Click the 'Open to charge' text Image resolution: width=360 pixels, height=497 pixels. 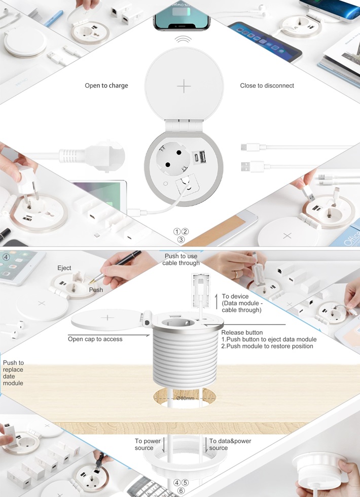pos(106,86)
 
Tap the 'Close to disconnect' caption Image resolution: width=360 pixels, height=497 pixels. pos(267,86)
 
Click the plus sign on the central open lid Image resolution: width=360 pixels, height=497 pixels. pos(184,86)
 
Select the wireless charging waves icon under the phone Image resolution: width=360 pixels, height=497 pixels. pos(183,40)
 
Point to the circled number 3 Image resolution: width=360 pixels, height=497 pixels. pos(181,239)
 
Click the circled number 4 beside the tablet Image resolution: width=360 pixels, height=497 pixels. pos(6,257)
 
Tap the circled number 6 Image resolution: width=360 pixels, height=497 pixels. pos(181,491)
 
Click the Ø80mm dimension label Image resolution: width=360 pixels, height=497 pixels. pos(185,398)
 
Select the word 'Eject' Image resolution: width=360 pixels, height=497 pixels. pos(64,268)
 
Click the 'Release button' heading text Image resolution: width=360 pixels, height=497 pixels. pos(242,333)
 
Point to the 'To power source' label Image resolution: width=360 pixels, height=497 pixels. pos(148,444)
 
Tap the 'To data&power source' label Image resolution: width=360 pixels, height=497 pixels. pos(230,444)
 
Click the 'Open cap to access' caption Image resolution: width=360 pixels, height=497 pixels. pos(95,339)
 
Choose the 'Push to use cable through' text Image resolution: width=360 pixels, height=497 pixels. pos(181,259)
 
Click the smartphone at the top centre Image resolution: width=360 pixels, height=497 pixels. pos(182,15)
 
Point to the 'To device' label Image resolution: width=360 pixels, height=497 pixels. pos(235,296)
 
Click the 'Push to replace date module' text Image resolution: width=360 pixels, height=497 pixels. pos(13,373)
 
